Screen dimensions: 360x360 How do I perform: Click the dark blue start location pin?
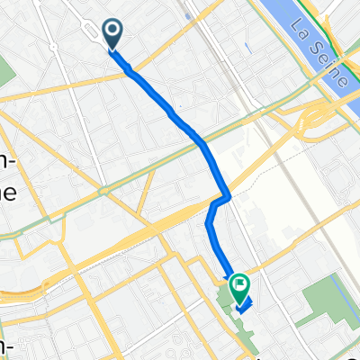click(114, 35)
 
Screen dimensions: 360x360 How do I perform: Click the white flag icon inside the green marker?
click(240, 285)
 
